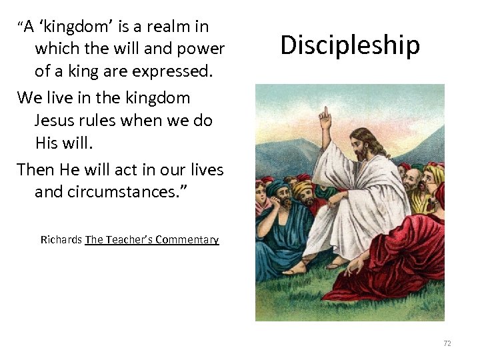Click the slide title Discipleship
click(350, 45)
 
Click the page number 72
click(447, 343)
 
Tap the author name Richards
click(61, 240)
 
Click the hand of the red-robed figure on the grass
click(353, 264)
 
